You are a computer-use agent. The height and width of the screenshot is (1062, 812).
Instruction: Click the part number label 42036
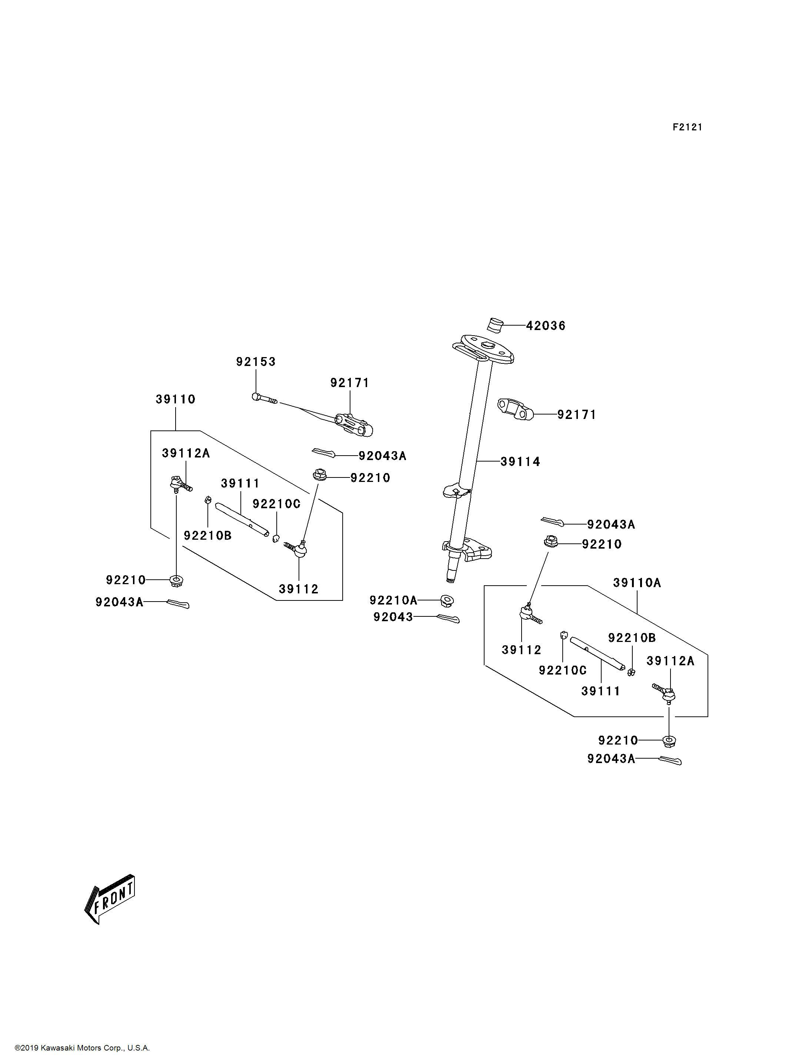(x=545, y=326)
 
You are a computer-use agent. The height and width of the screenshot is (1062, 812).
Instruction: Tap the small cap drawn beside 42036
(x=495, y=325)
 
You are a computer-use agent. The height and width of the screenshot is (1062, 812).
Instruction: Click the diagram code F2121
(x=687, y=127)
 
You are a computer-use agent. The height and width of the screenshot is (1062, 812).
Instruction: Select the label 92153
(x=256, y=362)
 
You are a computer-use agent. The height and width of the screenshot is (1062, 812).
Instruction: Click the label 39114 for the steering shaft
(x=520, y=462)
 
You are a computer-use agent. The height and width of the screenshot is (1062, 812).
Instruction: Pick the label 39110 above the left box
(x=176, y=399)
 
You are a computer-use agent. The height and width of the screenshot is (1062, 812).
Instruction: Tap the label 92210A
(x=393, y=600)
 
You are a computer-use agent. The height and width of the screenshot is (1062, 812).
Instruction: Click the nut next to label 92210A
(x=447, y=601)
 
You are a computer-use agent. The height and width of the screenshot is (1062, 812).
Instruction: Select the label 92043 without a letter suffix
(x=393, y=617)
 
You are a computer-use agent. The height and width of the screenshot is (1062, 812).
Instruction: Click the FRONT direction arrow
(x=110, y=899)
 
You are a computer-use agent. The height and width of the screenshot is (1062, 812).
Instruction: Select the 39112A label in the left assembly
(x=186, y=453)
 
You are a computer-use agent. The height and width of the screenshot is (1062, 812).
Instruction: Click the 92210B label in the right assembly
(x=632, y=638)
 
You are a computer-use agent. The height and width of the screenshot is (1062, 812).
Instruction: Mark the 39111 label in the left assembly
(x=240, y=483)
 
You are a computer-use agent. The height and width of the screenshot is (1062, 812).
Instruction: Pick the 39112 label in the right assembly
(x=521, y=650)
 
